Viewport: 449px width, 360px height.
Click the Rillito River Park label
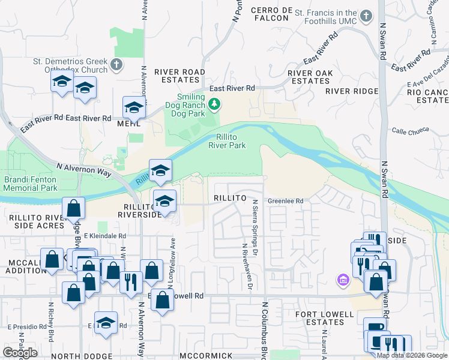pos(228,141)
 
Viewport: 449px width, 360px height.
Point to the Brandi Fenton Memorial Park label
pos(29,183)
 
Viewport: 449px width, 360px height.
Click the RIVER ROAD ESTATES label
pos(179,75)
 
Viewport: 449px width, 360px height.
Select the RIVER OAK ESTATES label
pos(310,77)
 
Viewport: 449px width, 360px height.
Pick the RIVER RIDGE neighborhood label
pos(352,91)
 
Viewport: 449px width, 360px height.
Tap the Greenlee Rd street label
pos(286,202)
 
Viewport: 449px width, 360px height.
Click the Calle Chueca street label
pos(408,131)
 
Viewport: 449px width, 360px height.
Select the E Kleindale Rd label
pos(104,236)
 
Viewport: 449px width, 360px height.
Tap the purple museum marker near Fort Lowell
pos(343,280)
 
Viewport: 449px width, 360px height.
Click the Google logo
pos(20,353)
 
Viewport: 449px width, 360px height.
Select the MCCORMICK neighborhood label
pos(205,356)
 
